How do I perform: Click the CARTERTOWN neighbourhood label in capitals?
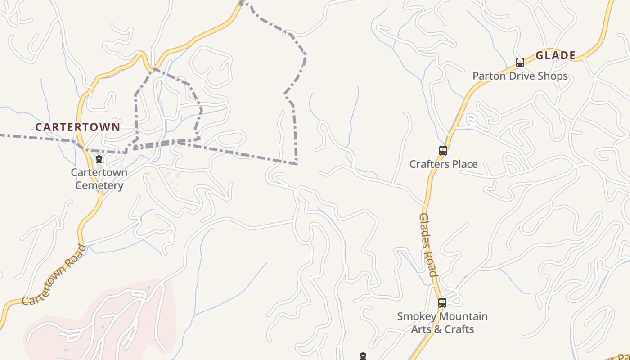(x=78, y=127)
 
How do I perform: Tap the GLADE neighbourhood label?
(x=556, y=55)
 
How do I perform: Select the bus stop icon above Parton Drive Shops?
(x=520, y=63)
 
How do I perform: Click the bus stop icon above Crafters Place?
(x=443, y=151)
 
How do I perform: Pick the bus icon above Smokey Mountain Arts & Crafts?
(x=442, y=303)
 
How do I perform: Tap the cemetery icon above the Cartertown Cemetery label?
(x=99, y=159)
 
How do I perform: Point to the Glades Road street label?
(x=428, y=245)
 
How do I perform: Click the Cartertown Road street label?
(x=54, y=275)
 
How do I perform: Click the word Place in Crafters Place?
(x=463, y=164)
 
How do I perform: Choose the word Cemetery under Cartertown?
(x=99, y=185)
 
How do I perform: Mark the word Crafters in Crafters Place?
(x=428, y=164)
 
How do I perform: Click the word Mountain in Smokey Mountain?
(x=463, y=316)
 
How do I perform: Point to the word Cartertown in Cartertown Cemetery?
(x=99, y=172)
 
